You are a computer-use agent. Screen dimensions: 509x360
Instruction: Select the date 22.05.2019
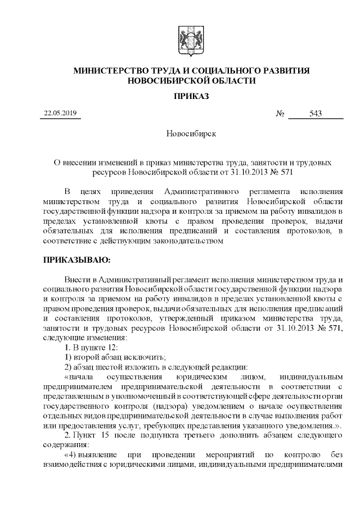coord(62,114)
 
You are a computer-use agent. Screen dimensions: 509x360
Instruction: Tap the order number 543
coord(316,114)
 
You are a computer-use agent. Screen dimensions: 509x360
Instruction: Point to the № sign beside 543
coord(280,114)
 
